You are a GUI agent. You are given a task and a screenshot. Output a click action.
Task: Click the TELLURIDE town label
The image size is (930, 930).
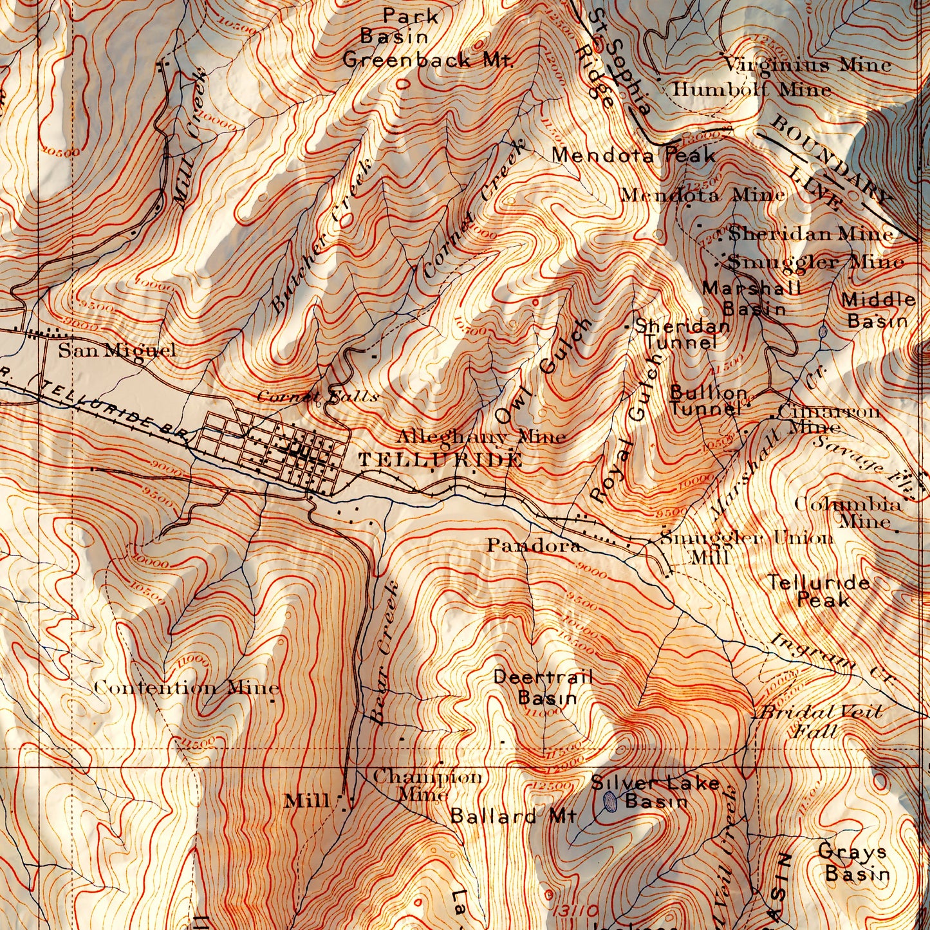tap(440, 460)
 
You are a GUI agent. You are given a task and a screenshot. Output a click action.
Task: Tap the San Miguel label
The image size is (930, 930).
tap(117, 351)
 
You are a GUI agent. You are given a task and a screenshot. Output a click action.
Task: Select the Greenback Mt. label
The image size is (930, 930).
tap(428, 60)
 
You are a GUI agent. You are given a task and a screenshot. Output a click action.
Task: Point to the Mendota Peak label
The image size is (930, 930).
tap(633, 155)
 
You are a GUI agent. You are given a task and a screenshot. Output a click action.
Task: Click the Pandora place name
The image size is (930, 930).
tap(534, 546)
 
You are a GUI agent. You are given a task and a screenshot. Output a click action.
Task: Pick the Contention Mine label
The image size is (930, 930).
tap(187, 687)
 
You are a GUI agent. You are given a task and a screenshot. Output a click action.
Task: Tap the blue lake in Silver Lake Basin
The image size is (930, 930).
tap(611, 801)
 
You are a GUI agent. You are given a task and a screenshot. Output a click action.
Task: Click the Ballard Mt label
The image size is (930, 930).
tap(513, 816)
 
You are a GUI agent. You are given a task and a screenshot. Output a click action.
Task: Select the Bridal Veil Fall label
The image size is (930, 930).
tap(819, 721)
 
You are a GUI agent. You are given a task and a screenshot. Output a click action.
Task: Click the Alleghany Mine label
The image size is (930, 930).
tap(481, 437)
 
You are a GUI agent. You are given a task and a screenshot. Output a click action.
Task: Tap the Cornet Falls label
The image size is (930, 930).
tap(317, 396)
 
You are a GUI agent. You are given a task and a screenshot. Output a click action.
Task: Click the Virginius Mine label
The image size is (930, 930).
tap(806, 65)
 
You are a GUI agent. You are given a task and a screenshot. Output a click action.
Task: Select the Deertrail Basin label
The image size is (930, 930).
tap(543, 687)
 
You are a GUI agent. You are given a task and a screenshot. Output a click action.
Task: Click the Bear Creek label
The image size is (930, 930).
tap(385, 653)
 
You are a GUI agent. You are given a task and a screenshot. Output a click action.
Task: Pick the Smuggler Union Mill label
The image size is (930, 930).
tap(747, 546)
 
